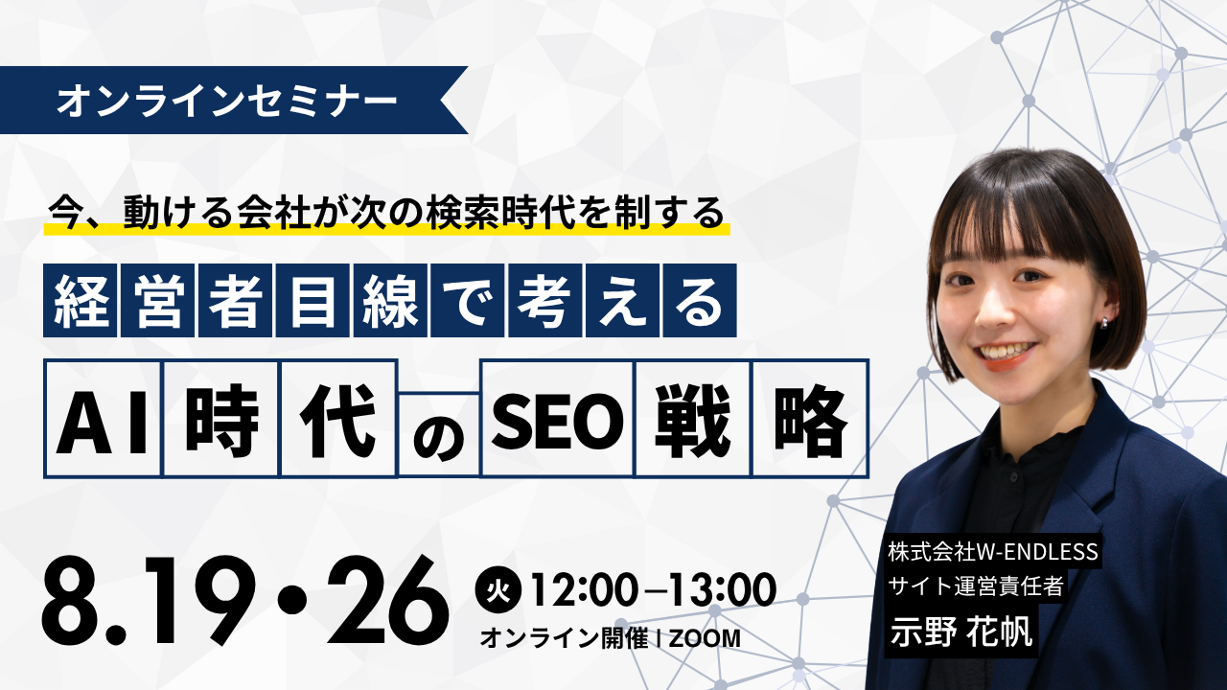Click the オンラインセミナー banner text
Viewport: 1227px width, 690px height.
pyautogui.click(x=227, y=101)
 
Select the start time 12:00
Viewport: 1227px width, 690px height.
pyautogui.click(x=585, y=589)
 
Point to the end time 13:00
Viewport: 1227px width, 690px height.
pyautogui.click(x=722, y=589)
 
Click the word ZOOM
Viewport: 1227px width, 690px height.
pyautogui.click(x=704, y=638)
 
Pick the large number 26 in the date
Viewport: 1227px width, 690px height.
pyautogui.click(x=387, y=600)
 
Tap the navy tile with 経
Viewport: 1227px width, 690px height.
pyautogui.click(x=80, y=300)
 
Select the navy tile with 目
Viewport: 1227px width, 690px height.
pyautogui.click(x=313, y=300)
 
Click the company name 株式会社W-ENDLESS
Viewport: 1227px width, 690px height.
pyautogui.click(x=992, y=552)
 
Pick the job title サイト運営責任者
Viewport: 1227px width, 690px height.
pyautogui.click(x=976, y=586)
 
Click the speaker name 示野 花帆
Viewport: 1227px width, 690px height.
pyautogui.click(x=961, y=632)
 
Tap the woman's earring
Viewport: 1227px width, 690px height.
pyautogui.click(x=1104, y=323)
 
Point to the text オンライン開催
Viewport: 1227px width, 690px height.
pyautogui.click(x=564, y=638)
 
